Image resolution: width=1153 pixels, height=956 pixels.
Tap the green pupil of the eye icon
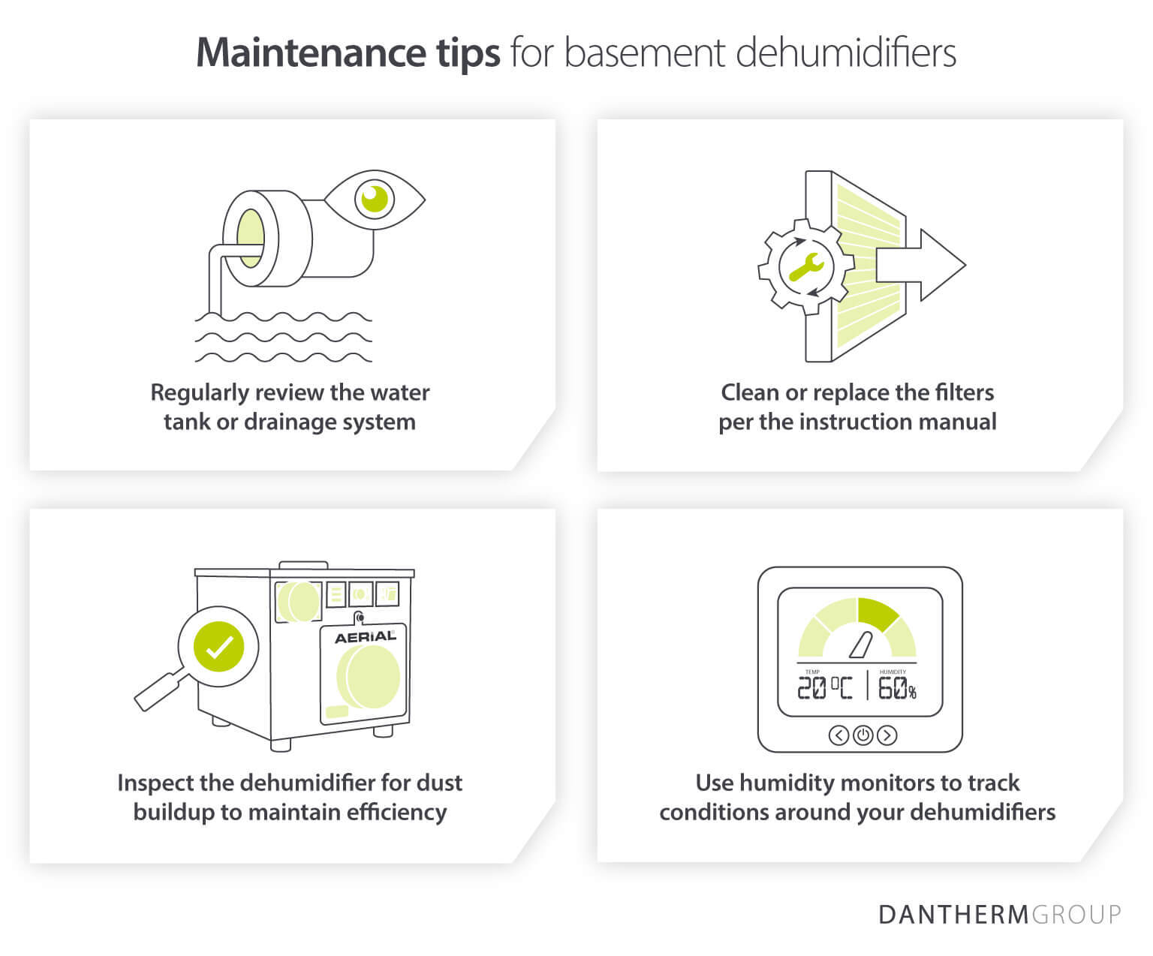click(374, 198)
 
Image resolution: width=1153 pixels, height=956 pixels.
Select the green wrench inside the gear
click(806, 266)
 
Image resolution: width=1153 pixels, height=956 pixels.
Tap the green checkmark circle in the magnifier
click(218, 646)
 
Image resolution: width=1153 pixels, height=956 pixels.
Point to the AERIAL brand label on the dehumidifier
click(365, 637)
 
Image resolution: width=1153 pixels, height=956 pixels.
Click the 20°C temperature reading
click(824, 687)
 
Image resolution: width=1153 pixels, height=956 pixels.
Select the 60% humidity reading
click(896, 687)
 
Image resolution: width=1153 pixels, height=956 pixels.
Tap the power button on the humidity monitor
click(862, 735)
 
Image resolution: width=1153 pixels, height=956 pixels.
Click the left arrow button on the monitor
click(838, 735)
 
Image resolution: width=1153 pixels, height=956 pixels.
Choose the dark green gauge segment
click(877, 613)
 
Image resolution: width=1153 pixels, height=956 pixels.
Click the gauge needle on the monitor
click(859, 645)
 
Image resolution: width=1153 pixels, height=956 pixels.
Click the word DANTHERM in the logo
click(953, 915)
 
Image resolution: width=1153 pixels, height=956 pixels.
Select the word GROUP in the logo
click(1076, 915)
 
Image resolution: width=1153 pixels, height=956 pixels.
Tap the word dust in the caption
click(439, 783)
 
